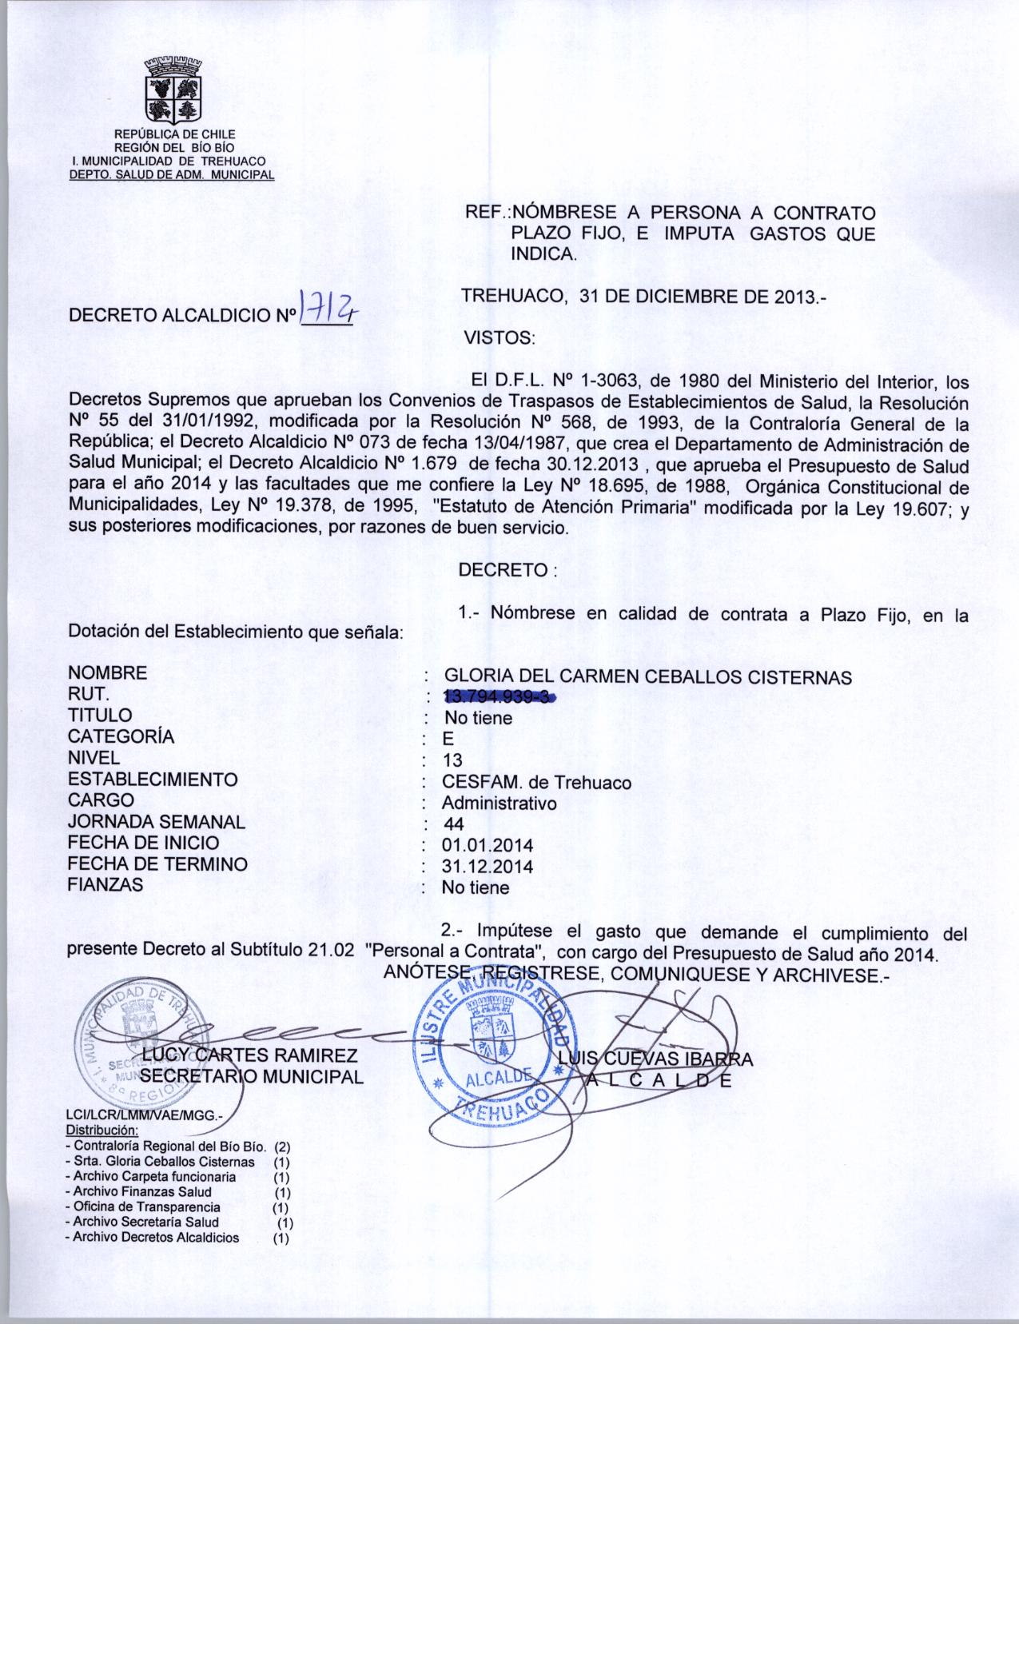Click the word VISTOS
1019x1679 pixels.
click(x=499, y=338)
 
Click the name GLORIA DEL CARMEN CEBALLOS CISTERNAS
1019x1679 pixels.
click(x=647, y=677)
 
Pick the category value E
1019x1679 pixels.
click(x=448, y=740)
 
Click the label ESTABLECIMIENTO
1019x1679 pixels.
click(x=153, y=780)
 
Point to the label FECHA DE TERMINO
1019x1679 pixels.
click(x=157, y=864)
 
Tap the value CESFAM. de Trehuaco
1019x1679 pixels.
click(x=536, y=783)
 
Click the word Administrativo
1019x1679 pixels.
click(x=500, y=804)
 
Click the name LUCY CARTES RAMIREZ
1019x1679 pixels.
click(x=249, y=1056)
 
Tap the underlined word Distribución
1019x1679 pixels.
click(x=102, y=1131)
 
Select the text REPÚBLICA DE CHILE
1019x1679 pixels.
click(x=175, y=134)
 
